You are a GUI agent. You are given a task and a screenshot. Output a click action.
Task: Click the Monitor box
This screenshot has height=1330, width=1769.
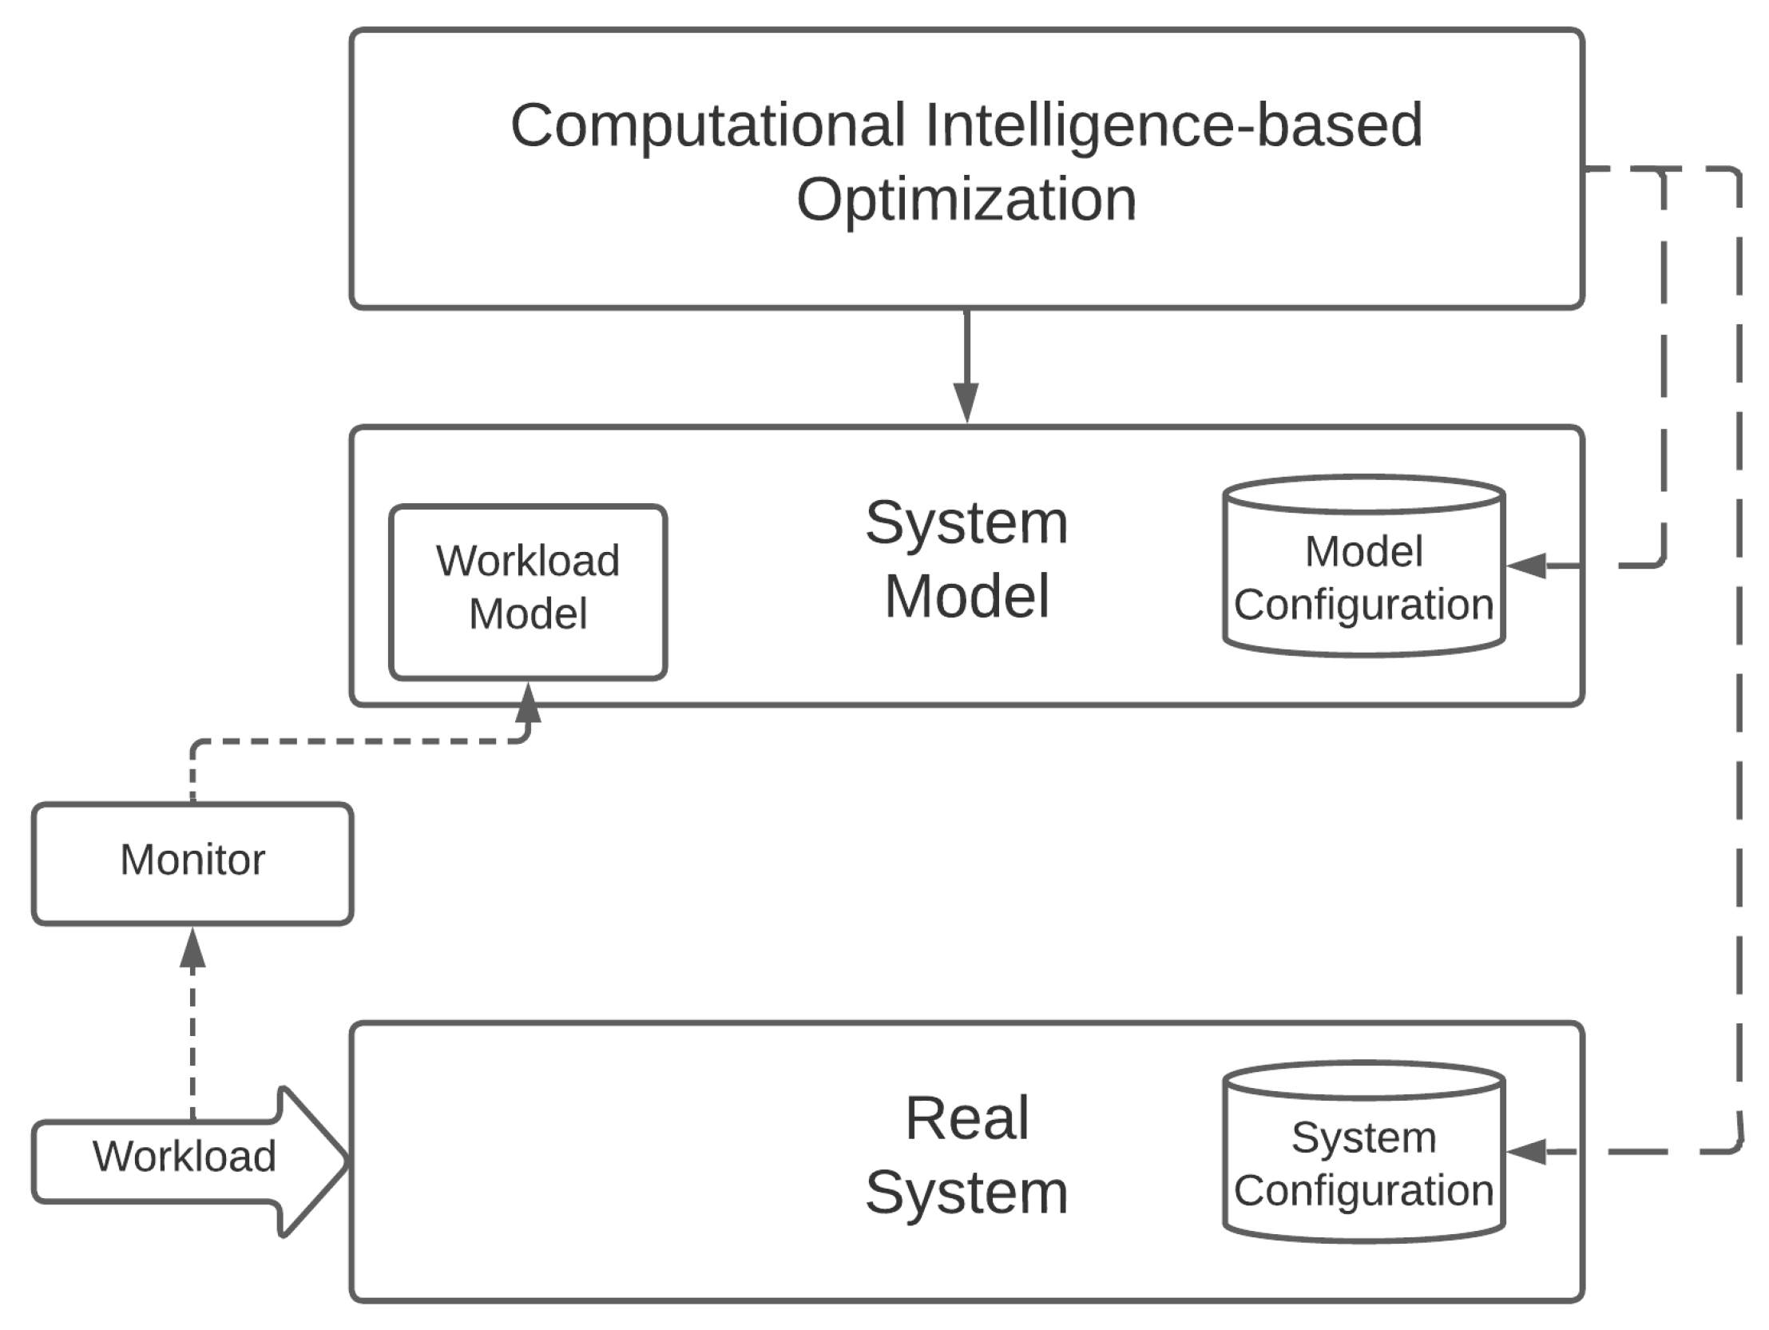pyautogui.click(x=192, y=863)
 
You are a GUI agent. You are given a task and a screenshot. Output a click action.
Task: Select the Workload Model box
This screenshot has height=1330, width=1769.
pyautogui.click(x=528, y=592)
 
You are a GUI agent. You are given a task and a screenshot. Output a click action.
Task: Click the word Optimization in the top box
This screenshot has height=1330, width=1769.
pyautogui.click(x=966, y=200)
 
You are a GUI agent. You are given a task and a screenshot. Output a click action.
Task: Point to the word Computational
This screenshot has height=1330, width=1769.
pyautogui.click(x=708, y=126)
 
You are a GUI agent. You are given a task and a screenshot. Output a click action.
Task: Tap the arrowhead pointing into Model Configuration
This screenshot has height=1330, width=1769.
pyautogui.click(x=1526, y=566)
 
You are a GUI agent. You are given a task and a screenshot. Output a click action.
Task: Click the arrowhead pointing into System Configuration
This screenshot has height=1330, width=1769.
pyautogui.click(x=1526, y=1152)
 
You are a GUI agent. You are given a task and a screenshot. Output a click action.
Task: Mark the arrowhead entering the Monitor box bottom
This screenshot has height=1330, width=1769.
pyautogui.click(x=192, y=948)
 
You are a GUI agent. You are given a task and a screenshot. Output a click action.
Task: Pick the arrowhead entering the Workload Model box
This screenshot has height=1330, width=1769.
pyautogui.click(x=529, y=702)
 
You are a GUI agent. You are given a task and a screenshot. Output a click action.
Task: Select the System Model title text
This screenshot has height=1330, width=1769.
pyautogui.click(x=966, y=560)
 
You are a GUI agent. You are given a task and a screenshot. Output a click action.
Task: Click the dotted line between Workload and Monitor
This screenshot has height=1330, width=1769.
pyautogui.click(x=192, y=1040)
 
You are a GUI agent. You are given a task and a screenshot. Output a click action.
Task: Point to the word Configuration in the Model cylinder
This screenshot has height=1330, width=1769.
pyautogui.click(x=1363, y=605)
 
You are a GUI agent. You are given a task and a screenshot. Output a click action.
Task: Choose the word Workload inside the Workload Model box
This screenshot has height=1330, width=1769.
pyautogui.click(x=528, y=561)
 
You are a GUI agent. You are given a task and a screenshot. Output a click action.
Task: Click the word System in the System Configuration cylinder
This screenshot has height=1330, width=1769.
pyautogui.click(x=1363, y=1137)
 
